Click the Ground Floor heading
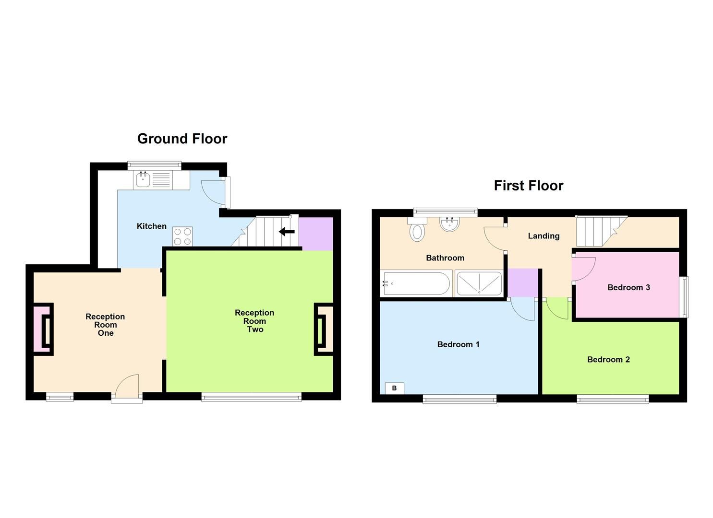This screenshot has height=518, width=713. click(x=182, y=139)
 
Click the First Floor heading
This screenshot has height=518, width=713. click(x=528, y=186)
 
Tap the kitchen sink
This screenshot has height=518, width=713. click(x=143, y=180)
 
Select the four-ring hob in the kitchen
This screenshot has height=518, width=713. click(x=182, y=236)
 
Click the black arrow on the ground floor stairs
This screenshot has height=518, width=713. click(x=287, y=232)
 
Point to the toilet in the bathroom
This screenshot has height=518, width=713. click(x=417, y=230)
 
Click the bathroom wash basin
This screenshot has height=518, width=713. click(x=450, y=224)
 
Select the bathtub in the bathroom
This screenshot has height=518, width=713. click(x=416, y=284)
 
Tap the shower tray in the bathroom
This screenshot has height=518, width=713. click(x=479, y=283)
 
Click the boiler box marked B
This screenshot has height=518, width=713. click(x=394, y=388)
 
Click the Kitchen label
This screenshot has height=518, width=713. click(x=152, y=226)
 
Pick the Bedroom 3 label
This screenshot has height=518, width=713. click(x=628, y=288)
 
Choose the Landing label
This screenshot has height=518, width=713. click(x=544, y=236)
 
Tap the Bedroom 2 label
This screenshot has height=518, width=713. click(x=608, y=360)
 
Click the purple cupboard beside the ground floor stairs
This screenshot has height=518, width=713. click(x=315, y=234)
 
